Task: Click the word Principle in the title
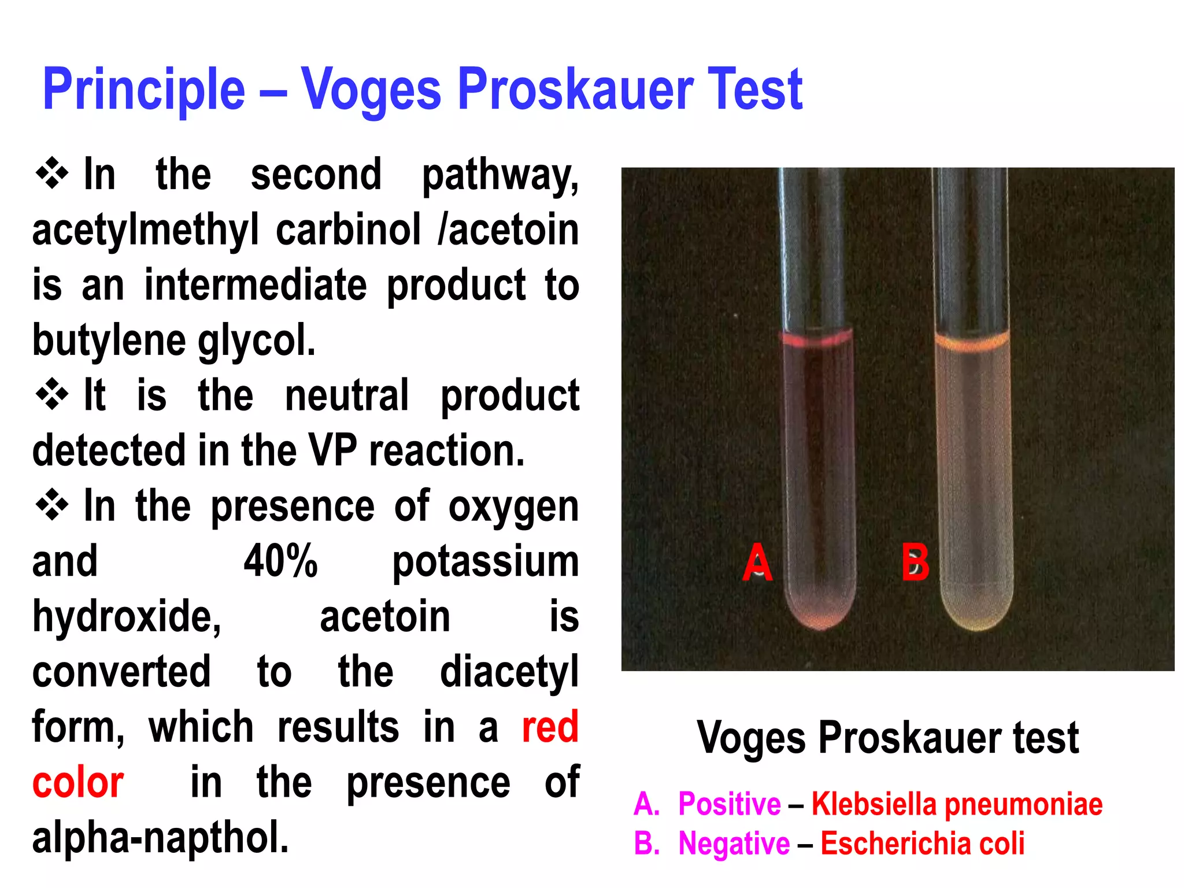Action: click(144, 90)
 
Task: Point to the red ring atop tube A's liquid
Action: click(817, 340)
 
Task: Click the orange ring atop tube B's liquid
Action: click(972, 342)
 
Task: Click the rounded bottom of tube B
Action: click(977, 617)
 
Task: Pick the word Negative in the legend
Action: click(734, 843)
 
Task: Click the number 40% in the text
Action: click(280, 561)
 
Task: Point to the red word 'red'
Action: click(550, 727)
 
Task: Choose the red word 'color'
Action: click(78, 783)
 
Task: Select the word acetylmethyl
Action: click(145, 231)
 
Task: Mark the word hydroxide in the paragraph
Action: click(127, 617)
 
